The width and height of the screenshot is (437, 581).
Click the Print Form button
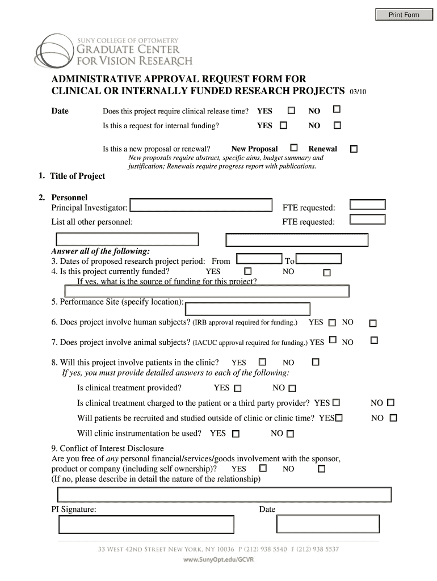pos(404,15)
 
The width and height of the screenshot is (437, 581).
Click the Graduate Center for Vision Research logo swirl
pos(54,52)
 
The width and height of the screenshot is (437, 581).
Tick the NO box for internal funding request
pos(337,125)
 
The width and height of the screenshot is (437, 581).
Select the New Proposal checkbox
pos(294,148)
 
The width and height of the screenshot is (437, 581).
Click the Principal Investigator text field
pos(201,205)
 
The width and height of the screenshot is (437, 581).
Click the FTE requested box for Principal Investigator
pos(368,205)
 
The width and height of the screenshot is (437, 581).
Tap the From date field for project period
pos(259,259)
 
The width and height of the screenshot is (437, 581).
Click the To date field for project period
pos(319,259)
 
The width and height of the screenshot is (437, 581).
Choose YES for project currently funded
pos(247,272)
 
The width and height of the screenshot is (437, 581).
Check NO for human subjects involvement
pos(373,323)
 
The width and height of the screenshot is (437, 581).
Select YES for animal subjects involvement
pos(333,340)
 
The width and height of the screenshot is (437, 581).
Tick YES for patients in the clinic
pos(262,361)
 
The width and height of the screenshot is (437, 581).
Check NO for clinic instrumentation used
pos(291,434)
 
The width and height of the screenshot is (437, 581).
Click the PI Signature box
pos(146,524)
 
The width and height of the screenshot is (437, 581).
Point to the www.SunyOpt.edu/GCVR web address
pos(218,559)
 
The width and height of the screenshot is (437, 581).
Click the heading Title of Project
pos(77,176)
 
